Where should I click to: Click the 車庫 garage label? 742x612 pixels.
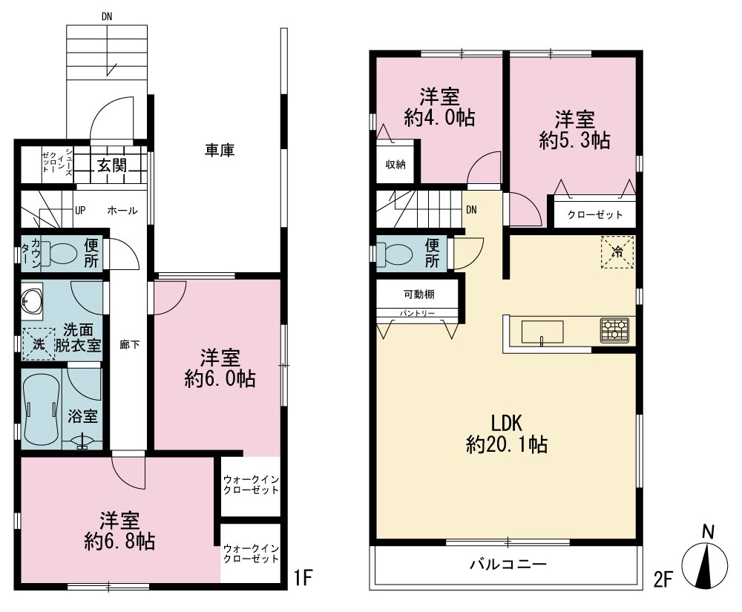pyautogui.click(x=220, y=151)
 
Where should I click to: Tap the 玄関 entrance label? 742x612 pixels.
pyautogui.click(x=112, y=165)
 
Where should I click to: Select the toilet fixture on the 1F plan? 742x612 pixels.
pyautogui.click(x=59, y=253)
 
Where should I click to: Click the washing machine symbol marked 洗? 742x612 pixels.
pyautogui.click(x=39, y=344)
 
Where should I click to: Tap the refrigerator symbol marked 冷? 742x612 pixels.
pyautogui.click(x=617, y=252)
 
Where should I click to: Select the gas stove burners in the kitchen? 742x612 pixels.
pyautogui.click(x=614, y=330)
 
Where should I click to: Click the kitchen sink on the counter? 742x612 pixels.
pyautogui.click(x=542, y=332)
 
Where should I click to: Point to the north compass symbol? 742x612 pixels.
pyautogui.click(x=705, y=563)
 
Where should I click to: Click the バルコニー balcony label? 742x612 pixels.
pyautogui.click(x=508, y=564)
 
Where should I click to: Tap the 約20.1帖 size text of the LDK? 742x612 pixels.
pyautogui.click(x=507, y=444)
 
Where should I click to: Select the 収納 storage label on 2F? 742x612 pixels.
pyautogui.click(x=395, y=165)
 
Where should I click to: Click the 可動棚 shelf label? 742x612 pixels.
pyautogui.click(x=418, y=295)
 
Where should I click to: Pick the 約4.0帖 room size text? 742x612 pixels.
pyautogui.click(x=439, y=118)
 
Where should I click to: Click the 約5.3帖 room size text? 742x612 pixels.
pyautogui.click(x=574, y=140)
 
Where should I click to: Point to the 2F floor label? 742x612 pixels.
pyautogui.click(x=663, y=580)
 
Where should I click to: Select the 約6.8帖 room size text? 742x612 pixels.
pyautogui.click(x=119, y=542)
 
